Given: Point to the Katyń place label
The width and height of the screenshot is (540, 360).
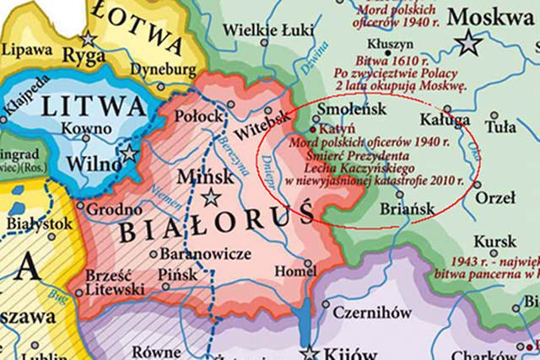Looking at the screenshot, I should click(x=337, y=129).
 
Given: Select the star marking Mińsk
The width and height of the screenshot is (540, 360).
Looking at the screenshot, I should click(x=211, y=197).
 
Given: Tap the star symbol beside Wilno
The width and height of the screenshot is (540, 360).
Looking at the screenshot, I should click(x=128, y=153).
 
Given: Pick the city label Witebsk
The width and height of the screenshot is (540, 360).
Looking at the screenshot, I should click(x=257, y=132).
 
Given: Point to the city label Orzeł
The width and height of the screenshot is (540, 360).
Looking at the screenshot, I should click(x=495, y=197).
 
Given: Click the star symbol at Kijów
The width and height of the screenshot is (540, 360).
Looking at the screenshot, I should click(x=310, y=352).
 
